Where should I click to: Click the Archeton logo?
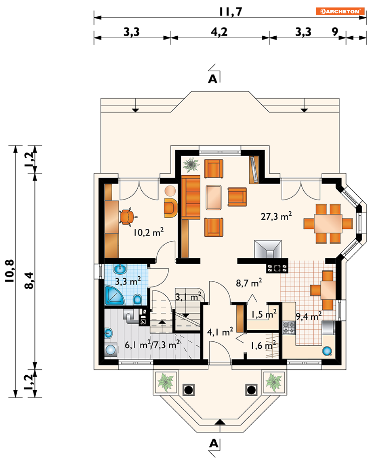coord(340,11)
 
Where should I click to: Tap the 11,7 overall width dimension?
coord(230,12)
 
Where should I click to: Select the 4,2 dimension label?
coord(219,32)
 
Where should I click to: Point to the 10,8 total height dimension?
coord(10,271)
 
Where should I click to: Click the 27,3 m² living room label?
coord(276,216)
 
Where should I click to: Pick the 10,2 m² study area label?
coord(148,232)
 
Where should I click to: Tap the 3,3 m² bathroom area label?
coord(128,281)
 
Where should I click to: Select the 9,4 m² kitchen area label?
coord(308,316)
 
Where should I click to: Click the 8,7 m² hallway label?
coord(249,283)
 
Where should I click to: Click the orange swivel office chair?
coord(127,217)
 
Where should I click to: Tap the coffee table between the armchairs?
coord(213,197)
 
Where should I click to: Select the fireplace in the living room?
coord(268,249)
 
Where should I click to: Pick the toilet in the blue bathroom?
coord(138,299)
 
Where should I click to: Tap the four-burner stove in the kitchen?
coord(289,328)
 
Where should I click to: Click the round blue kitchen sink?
coord(327,351)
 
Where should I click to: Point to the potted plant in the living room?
coord(191,164)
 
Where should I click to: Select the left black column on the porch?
coord(188,390)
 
